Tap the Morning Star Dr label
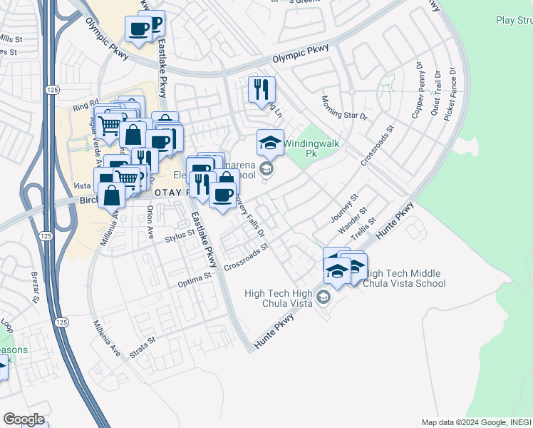point(344,108)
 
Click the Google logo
point(24,419)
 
